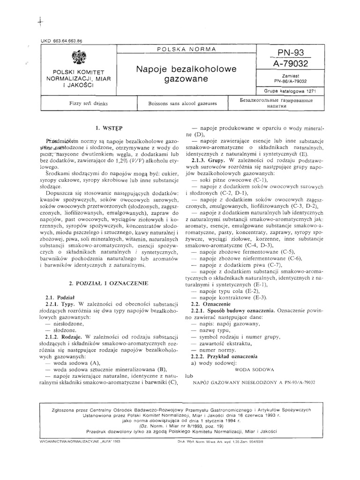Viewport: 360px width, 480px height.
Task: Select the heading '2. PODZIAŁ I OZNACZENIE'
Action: tap(108, 284)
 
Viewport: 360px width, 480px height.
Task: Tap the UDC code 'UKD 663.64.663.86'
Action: tap(59, 41)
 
